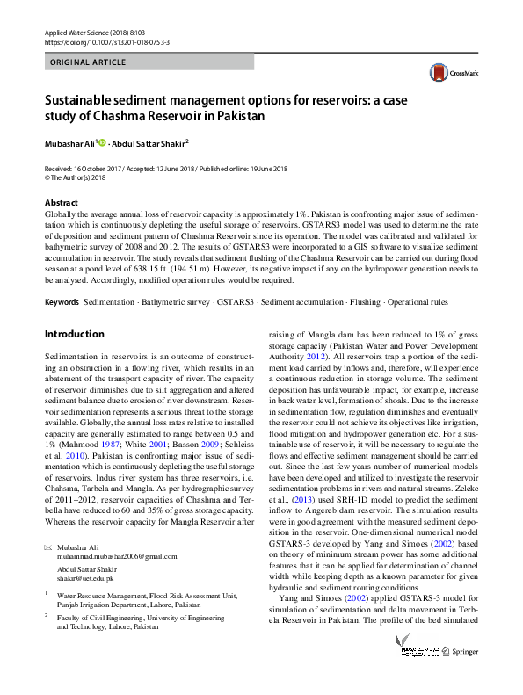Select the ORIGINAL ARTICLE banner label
[x=88, y=62]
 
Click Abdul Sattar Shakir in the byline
[x=148, y=143]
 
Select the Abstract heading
[x=61, y=203]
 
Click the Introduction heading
[x=74, y=335]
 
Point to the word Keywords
[x=61, y=301]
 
